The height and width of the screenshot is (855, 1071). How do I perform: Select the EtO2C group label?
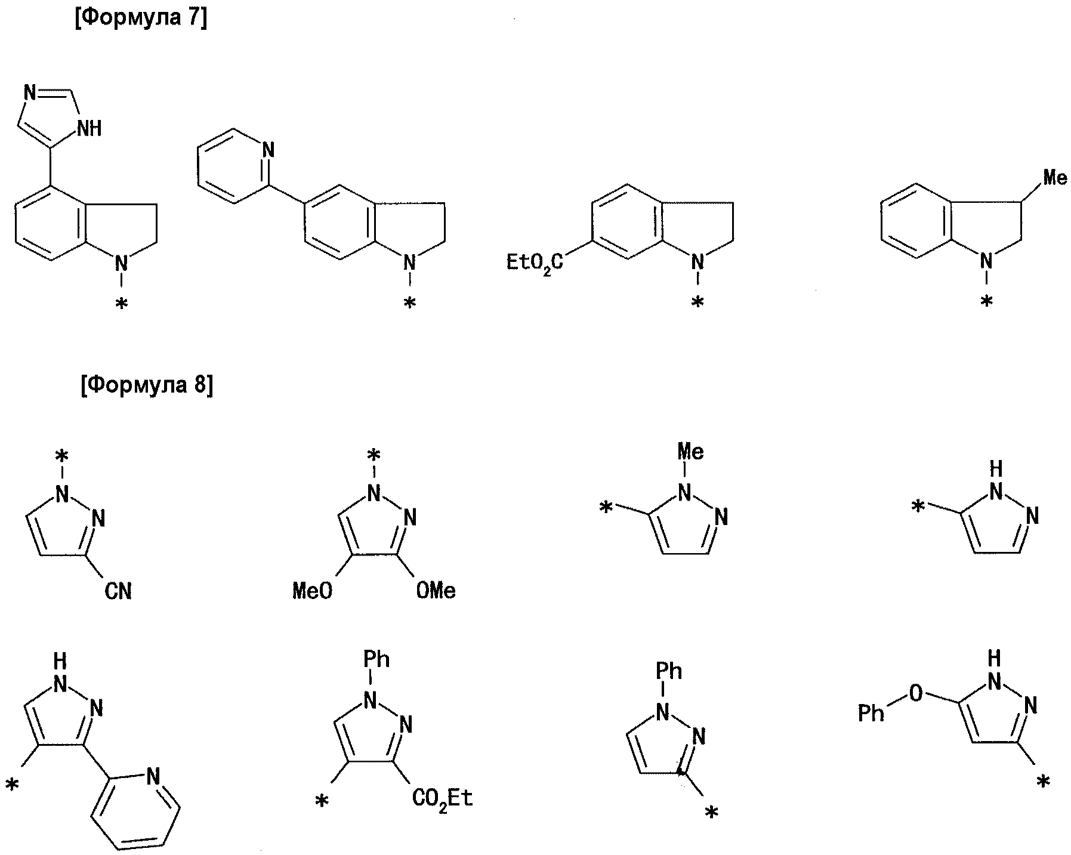pos(534,263)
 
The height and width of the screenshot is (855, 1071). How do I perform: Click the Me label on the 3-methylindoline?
pos(1054,177)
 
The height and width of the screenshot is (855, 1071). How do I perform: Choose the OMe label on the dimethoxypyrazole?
pos(436,591)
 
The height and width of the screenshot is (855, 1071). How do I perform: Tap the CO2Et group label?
pos(442,798)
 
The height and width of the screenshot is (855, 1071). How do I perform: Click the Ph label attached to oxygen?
pos(871,712)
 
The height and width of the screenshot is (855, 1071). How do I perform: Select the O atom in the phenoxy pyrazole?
pos(915,693)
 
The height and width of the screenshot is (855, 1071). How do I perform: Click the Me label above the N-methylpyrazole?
pos(690,452)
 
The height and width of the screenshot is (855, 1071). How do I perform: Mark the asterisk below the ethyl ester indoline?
pos(697,304)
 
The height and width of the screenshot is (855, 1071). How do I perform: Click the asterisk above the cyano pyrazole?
pos(61,456)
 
